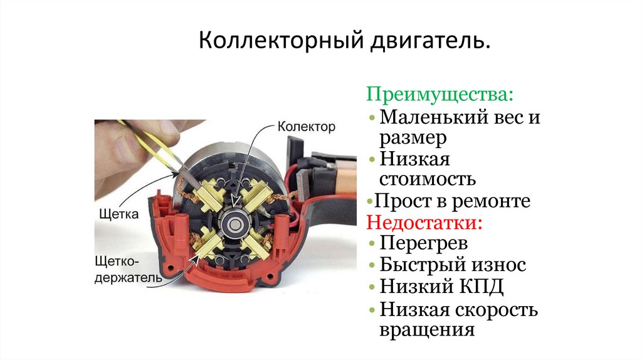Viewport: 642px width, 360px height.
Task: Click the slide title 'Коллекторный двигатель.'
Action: [x=344, y=41]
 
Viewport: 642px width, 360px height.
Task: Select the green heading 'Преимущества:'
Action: [x=439, y=94]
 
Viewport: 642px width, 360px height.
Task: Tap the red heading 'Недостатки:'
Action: [x=424, y=223]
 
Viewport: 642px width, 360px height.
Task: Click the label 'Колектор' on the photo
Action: [x=306, y=127]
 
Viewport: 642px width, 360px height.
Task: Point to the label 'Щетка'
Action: [x=119, y=214]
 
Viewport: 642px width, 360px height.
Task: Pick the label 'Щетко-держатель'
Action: [x=129, y=270]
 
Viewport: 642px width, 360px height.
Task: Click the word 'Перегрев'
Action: [x=423, y=243]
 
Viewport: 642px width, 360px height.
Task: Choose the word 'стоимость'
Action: [x=428, y=179]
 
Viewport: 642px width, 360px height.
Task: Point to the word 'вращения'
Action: [x=427, y=330]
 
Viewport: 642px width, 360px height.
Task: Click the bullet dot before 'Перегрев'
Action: [x=372, y=244]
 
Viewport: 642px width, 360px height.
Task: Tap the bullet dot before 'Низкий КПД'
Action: [x=372, y=287]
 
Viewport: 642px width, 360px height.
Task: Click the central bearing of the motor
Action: [x=234, y=224]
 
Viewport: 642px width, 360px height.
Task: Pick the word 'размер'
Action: [x=413, y=139]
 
